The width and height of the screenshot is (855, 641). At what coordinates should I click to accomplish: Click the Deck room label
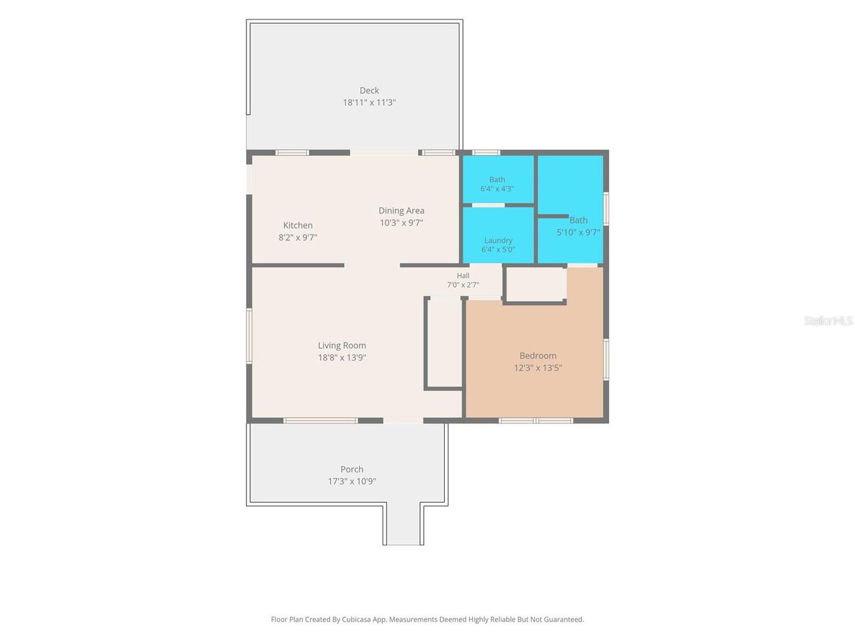pos(369,91)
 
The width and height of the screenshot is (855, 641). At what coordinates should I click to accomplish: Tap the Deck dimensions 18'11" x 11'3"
pos(369,103)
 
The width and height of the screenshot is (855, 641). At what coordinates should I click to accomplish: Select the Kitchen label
pos(298,225)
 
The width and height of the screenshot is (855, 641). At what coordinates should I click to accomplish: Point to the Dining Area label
pos(401,211)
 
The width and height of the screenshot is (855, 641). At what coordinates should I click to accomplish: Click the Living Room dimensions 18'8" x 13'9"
pos(341,358)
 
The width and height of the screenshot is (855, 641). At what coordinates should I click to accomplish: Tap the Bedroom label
pos(538,356)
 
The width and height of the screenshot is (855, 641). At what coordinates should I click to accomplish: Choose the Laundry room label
pos(498,241)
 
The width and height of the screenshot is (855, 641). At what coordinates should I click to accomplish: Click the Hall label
pos(463,276)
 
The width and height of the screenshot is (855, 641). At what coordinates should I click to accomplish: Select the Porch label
pos(351,469)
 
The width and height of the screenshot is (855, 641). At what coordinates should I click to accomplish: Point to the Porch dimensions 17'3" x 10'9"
pos(351,481)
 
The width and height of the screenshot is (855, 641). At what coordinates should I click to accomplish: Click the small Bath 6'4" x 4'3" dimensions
pos(497,189)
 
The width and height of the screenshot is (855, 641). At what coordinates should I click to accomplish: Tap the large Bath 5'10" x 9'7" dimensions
pos(578,233)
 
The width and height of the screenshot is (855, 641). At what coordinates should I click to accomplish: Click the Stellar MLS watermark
pos(828,320)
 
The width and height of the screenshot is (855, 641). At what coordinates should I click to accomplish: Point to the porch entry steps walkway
pos(403,523)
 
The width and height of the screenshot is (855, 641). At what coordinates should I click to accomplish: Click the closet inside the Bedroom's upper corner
pos(535,284)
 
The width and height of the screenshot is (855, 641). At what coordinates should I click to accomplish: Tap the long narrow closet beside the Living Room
pos(444,343)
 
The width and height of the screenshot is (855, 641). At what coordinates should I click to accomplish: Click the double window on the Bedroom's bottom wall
pos(536,421)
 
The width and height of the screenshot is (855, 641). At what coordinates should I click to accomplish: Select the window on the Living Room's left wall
pos(249,336)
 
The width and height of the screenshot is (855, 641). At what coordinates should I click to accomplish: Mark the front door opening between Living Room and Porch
pos(403,421)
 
